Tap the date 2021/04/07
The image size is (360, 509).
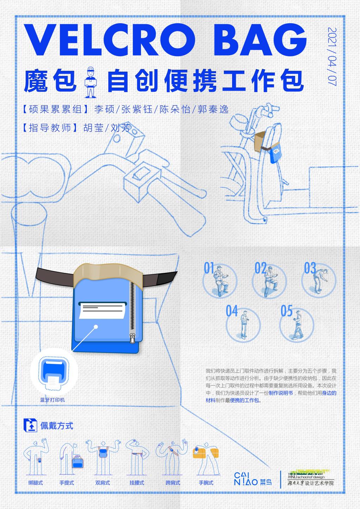coord(332,57)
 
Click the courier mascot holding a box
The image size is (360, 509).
coord(90,82)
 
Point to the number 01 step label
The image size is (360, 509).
coord(209,268)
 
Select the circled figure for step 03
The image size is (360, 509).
coord(319,281)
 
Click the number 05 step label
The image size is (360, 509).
coord(287,311)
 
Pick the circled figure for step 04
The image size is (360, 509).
coord(243,325)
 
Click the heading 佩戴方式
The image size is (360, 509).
coord(57,426)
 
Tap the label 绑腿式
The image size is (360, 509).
coord(36,483)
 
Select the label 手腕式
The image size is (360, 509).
coord(206,483)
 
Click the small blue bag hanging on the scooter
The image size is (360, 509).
coord(276,153)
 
